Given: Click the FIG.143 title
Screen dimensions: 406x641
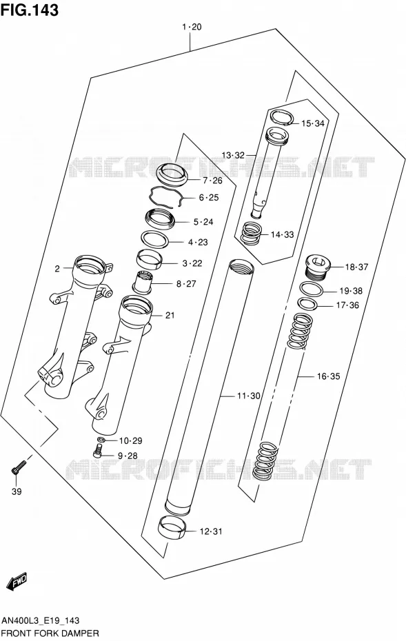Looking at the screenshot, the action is (30, 10).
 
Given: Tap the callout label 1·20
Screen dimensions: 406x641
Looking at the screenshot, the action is (192, 27).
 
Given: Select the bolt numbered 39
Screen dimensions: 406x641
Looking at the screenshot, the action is (18, 467).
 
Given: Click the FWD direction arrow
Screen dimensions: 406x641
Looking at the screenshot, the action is (17, 580).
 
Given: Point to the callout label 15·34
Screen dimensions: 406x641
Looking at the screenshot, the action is (313, 123).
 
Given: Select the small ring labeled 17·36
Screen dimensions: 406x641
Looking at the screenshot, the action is (307, 305).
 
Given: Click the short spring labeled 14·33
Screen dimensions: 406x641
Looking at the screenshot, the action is (252, 234).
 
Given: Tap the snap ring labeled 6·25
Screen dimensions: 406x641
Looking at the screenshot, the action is (165, 197).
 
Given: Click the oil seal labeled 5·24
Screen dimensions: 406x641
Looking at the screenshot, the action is (161, 220).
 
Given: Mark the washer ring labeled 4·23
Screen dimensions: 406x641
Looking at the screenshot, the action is (155, 238).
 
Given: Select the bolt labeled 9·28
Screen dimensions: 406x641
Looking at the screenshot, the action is (97, 451).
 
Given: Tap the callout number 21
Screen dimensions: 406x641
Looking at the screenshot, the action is (170, 315).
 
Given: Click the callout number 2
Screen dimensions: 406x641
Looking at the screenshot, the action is (57, 269).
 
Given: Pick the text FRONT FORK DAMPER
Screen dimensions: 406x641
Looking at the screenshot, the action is (50, 633).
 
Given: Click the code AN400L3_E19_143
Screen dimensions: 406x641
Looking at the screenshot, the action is (41, 621).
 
